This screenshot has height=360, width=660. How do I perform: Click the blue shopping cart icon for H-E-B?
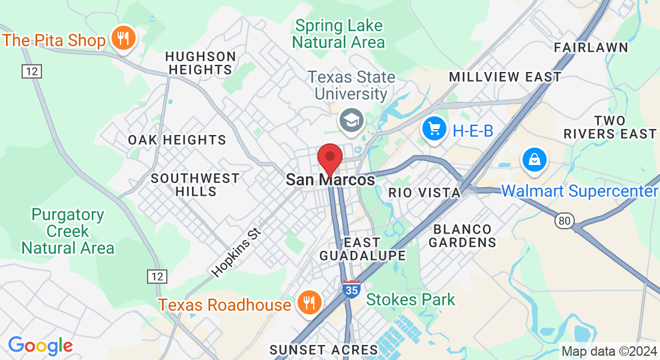tap(433, 128)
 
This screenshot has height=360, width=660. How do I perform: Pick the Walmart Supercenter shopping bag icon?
tap(533, 159)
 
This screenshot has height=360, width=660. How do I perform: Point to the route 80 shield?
tap(564, 221)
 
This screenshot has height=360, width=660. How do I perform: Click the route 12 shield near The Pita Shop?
tap(31, 71)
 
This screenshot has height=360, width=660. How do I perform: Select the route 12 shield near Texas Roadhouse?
tap(157, 276)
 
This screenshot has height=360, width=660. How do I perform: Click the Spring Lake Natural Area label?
tap(338, 34)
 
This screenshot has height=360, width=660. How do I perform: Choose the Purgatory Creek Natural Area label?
tap(68, 231)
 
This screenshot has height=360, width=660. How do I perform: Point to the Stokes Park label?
tap(410, 299)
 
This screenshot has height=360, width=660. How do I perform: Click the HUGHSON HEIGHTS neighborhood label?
tap(200, 63)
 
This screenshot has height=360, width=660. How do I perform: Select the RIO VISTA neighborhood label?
tap(424, 193)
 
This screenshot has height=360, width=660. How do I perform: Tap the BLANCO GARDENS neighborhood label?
tap(463, 236)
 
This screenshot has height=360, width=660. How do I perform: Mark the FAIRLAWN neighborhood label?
tap(591, 47)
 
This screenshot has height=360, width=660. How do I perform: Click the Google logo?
tap(40, 346)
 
